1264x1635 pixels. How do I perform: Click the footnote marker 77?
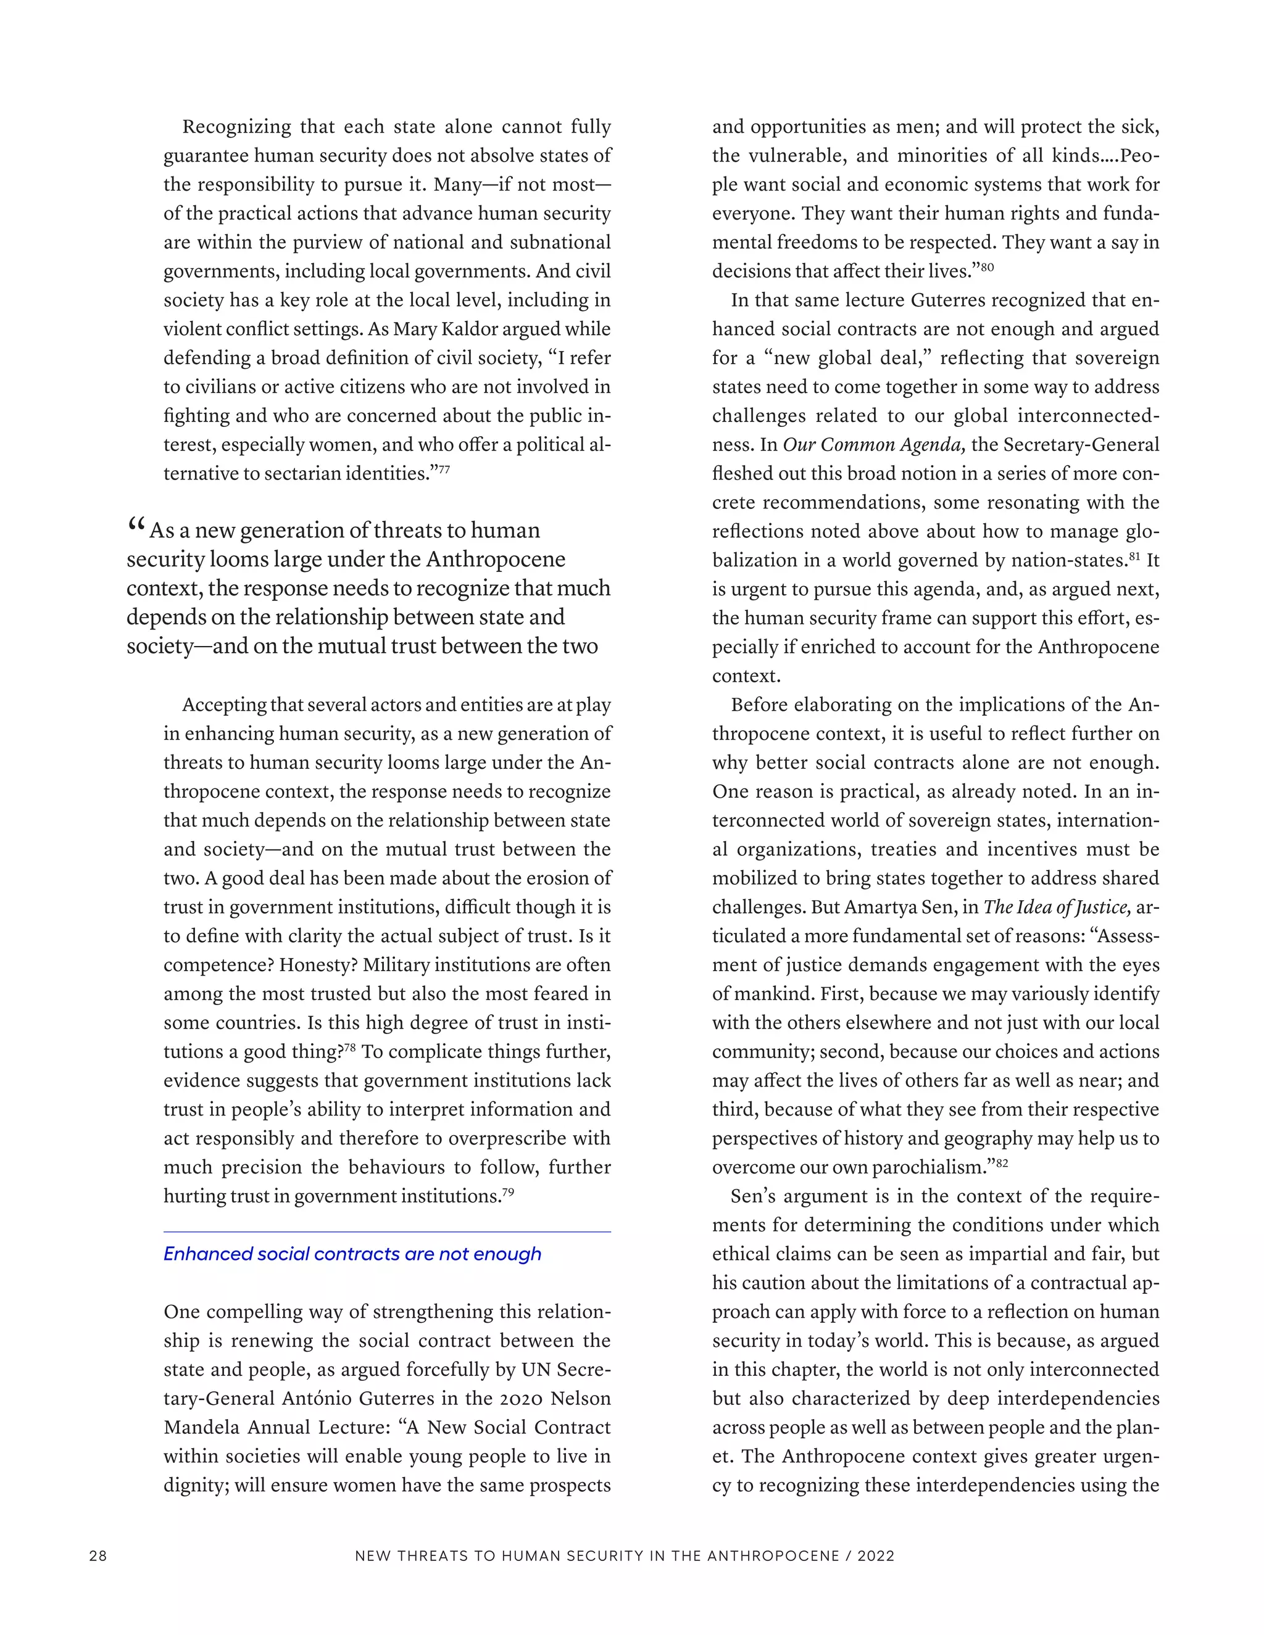(x=444, y=470)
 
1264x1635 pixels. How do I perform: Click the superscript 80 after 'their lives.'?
(x=987, y=267)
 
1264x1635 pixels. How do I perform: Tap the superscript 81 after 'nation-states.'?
(x=1134, y=557)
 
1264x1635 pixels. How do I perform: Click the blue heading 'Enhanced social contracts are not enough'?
(x=352, y=1254)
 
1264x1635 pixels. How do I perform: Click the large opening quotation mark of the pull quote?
(x=136, y=526)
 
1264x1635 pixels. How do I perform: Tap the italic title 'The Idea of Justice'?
(x=1057, y=908)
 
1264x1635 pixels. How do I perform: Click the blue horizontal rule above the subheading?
(x=387, y=1231)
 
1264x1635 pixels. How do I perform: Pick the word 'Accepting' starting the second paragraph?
(x=224, y=705)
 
